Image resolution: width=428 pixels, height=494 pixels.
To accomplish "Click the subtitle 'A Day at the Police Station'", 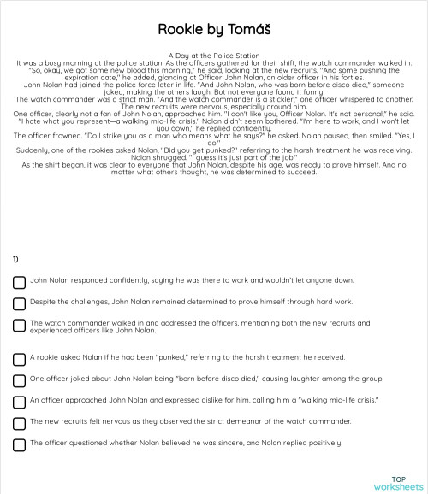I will pyautogui.click(x=214, y=56).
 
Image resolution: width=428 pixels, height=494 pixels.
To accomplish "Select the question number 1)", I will pyautogui.click(x=16, y=258).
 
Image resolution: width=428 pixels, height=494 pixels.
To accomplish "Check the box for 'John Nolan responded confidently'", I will pyautogui.click(x=19, y=282).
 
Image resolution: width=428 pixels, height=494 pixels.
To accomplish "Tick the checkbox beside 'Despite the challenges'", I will pyautogui.click(x=19, y=303).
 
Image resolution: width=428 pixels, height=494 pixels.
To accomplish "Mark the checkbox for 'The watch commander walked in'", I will pyautogui.click(x=19, y=326).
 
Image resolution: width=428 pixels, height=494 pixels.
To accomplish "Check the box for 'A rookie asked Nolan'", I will pyautogui.click(x=19, y=359).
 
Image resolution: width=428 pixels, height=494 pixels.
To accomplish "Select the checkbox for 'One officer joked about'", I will pyautogui.click(x=19, y=380).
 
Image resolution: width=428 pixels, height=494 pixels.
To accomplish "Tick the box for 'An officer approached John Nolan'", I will pyautogui.click(x=19, y=402).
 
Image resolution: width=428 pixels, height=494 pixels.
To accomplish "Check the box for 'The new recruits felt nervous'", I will pyautogui.click(x=19, y=423).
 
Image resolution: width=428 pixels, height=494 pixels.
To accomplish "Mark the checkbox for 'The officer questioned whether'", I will pyautogui.click(x=19, y=444).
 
